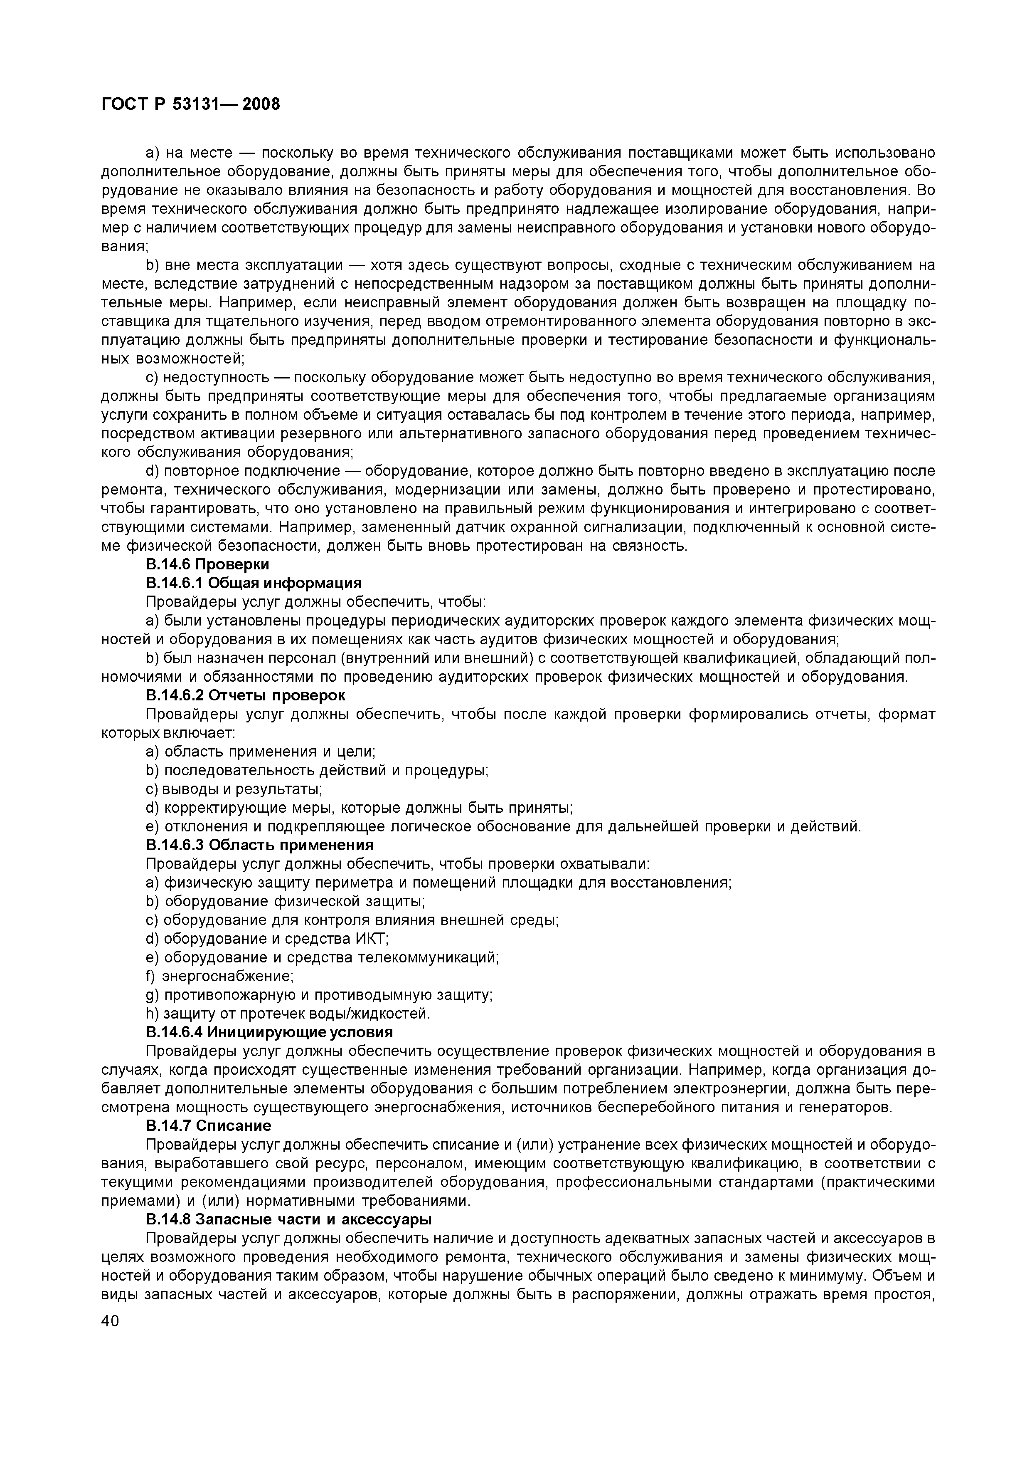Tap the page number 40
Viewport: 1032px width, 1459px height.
110,1321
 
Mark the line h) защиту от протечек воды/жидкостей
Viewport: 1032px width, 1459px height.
288,1013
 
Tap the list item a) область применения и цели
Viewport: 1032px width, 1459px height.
261,752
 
